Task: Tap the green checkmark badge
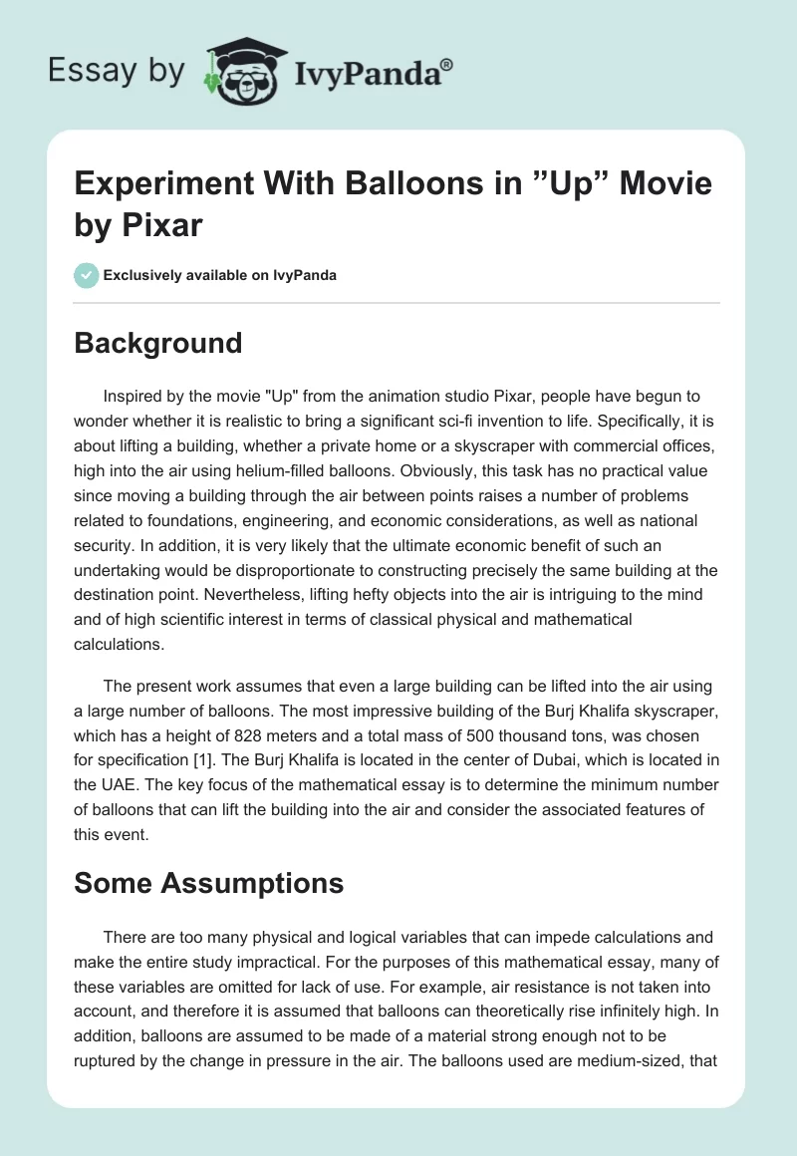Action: click(87, 275)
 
